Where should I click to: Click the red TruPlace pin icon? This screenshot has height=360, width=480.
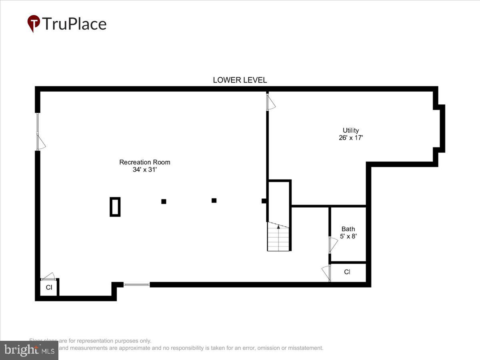point(34,23)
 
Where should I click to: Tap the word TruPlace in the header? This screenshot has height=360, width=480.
point(74,24)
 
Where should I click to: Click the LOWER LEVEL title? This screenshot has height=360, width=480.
point(240,80)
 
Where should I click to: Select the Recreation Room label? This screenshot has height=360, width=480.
point(144,162)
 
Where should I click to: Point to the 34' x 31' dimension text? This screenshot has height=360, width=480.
point(144,170)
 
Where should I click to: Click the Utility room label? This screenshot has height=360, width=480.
point(350,130)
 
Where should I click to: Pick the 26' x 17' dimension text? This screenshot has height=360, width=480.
point(350,138)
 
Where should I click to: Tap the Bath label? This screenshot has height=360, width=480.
point(348,229)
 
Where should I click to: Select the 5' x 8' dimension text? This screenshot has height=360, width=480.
point(348,236)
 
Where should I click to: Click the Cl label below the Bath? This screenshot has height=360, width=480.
point(347,272)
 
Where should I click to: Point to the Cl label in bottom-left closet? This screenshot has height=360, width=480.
point(49,287)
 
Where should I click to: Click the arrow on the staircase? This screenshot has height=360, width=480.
point(278,227)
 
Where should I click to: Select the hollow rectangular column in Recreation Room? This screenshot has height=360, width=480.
point(115,207)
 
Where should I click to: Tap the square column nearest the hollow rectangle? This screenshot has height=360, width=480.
point(164,201)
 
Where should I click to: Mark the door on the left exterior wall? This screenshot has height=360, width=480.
point(40,142)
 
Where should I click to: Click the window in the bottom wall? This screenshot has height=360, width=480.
point(136,285)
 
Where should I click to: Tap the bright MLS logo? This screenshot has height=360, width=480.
point(29,350)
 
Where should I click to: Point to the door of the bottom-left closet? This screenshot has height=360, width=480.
point(48,276)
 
